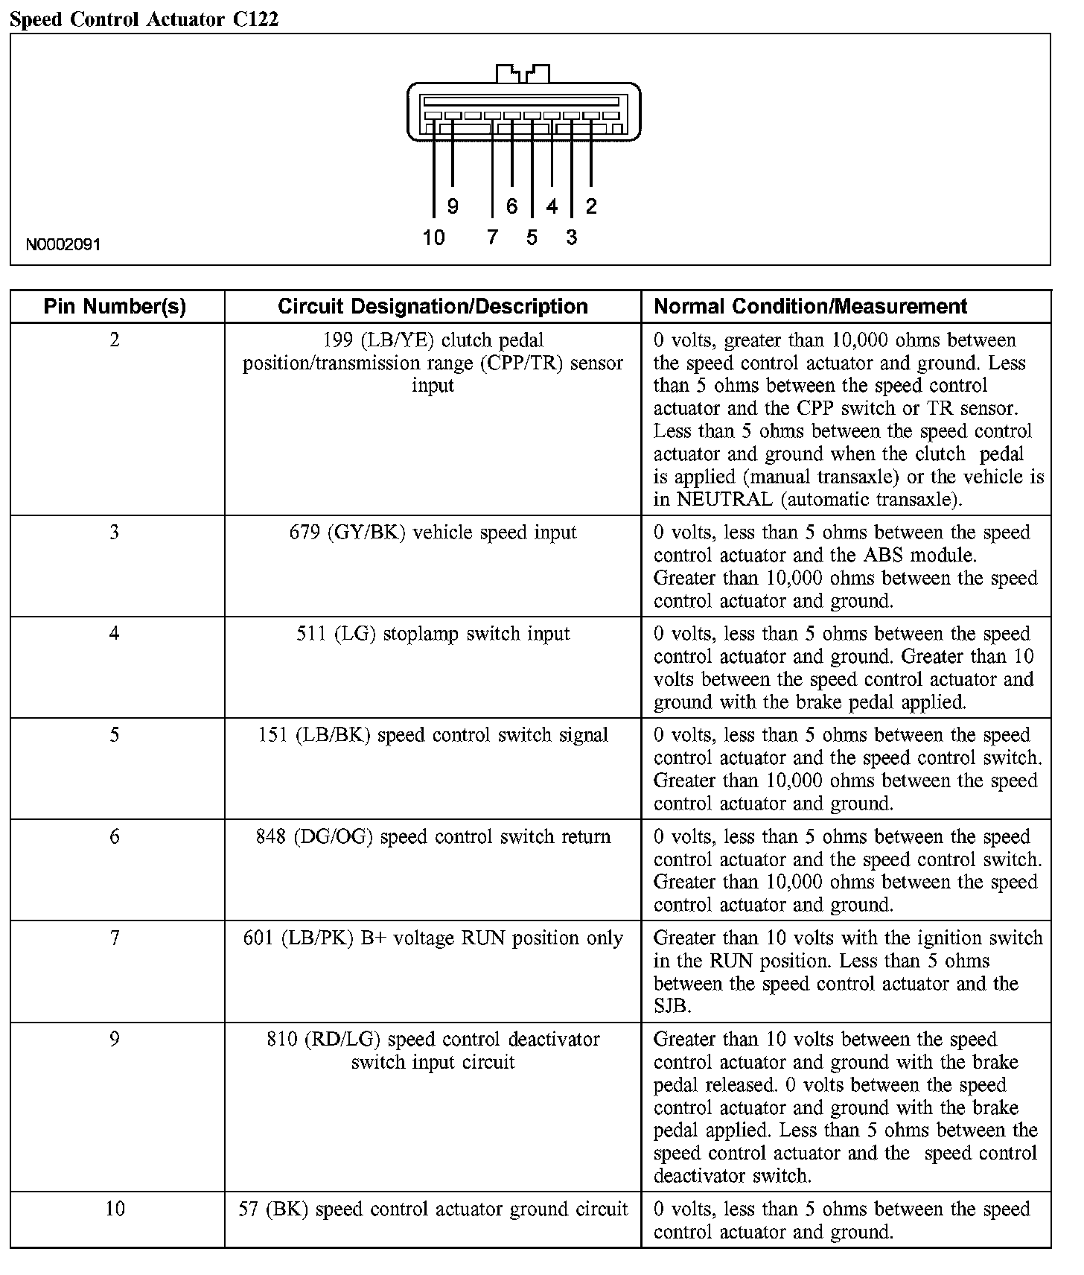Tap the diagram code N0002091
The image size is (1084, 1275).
63,244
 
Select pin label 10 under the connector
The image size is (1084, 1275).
433,238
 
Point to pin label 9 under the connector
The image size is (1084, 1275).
453,206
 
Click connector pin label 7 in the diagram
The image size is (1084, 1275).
492,238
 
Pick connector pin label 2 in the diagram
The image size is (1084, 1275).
591,206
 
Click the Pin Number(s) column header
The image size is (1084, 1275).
115,306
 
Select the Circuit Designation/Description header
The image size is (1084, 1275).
433,306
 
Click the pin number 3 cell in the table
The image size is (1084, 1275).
115,532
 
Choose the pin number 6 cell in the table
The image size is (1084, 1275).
115,836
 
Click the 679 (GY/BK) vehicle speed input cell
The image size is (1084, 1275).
433,532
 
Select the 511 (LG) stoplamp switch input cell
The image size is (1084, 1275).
433,634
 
